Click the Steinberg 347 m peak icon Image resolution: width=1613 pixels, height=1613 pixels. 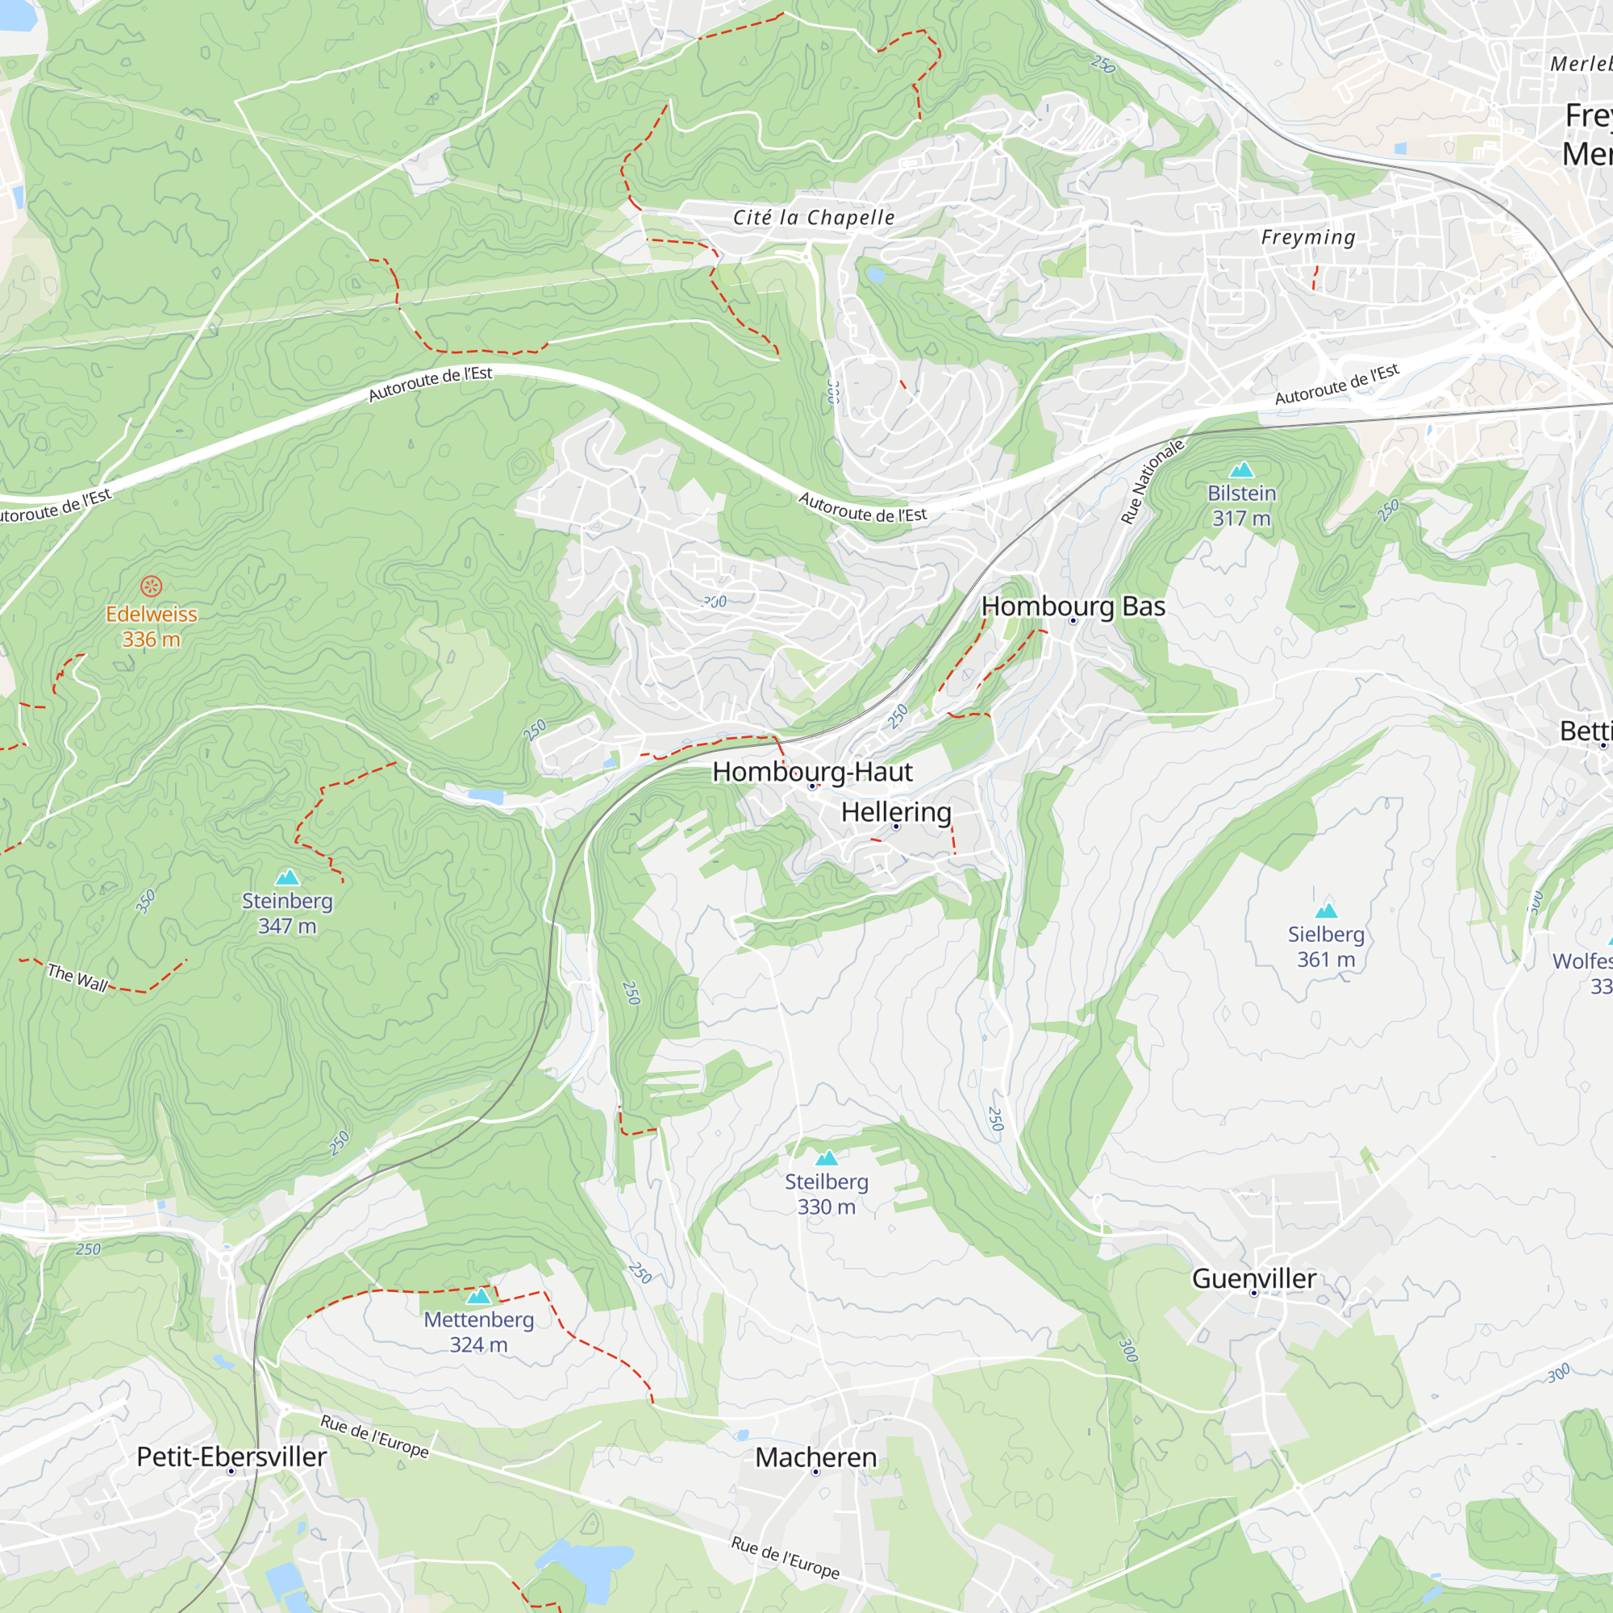tap(287, 877)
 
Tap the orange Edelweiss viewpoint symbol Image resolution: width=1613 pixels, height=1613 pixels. tap(151, 586)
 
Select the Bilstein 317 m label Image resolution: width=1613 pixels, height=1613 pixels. tap(1241, 505)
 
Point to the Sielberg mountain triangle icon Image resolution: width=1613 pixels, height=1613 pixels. tap(1326, 911)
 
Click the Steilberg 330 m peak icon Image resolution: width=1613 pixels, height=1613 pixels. tap(827, 1158)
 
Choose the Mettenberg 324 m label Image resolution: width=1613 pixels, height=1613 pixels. tap(478, 1332)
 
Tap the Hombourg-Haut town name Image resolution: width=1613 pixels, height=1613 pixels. tap(812, 772)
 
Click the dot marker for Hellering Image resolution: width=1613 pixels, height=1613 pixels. tap(897, 827)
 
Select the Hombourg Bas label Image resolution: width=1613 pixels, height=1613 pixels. tap(1073, 606)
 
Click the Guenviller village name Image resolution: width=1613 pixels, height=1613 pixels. tap(1253, 1278)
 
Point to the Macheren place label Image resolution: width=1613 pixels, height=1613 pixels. tap(815, 1457)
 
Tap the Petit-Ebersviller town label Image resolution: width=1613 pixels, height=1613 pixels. tap(231, 1456)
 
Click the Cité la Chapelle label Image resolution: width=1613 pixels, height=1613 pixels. tap(813, 218)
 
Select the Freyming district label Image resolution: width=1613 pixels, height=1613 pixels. tap(1307, 237)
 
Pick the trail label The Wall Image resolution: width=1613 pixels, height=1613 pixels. tap(77, 977)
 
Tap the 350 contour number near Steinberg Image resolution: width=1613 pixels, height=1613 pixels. tap(146, 902)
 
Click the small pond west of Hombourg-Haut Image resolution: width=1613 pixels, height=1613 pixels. tap(485, 796)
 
